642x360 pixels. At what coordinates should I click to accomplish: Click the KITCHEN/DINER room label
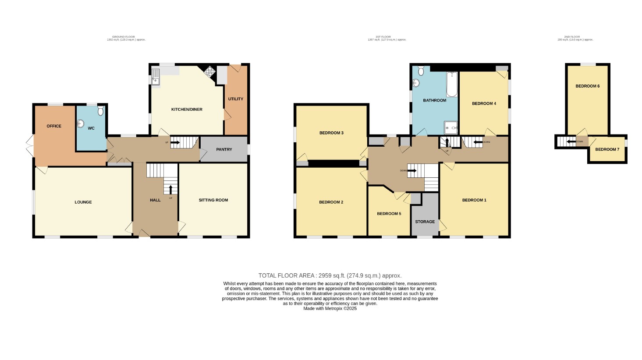pyautogui.click(x=187, y=109)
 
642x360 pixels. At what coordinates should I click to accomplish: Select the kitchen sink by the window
pyautogui.click(x=156, y=77)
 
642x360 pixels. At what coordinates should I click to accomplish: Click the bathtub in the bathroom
pyautogui.click(x=451, y=85)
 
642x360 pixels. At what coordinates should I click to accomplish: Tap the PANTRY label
pyautogui.click(x=224, y=149)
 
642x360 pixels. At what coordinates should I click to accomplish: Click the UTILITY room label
pyautogui.click(x=235, y=99)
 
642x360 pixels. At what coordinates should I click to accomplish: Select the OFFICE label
pyautogui.click(x=54, y=126)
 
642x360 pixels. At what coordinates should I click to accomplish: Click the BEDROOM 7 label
pyautogui.click(x=607, y=149)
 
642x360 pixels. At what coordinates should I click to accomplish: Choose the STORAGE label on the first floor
pyautogui.click(x=425, y=222)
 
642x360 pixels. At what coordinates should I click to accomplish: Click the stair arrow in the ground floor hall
pyautogui.click(x=170, y=189)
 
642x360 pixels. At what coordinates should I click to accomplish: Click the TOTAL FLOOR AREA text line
pyautogui.click(x=330, y=275)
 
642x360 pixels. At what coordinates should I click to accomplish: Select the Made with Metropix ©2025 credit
pyautogui.click(x=330, y=308)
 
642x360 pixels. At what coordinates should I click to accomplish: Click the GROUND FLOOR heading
pyautogui.click(x=124, y=37)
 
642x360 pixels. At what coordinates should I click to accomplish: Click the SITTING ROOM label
pyautogui.click(x=213, y=200)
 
